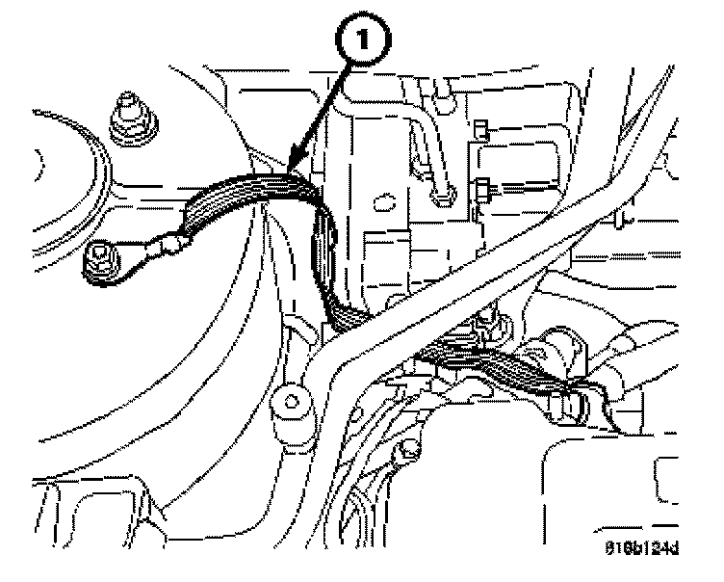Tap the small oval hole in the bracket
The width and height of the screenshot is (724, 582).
[381, 203]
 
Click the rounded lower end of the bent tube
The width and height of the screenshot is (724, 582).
[443, 198]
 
